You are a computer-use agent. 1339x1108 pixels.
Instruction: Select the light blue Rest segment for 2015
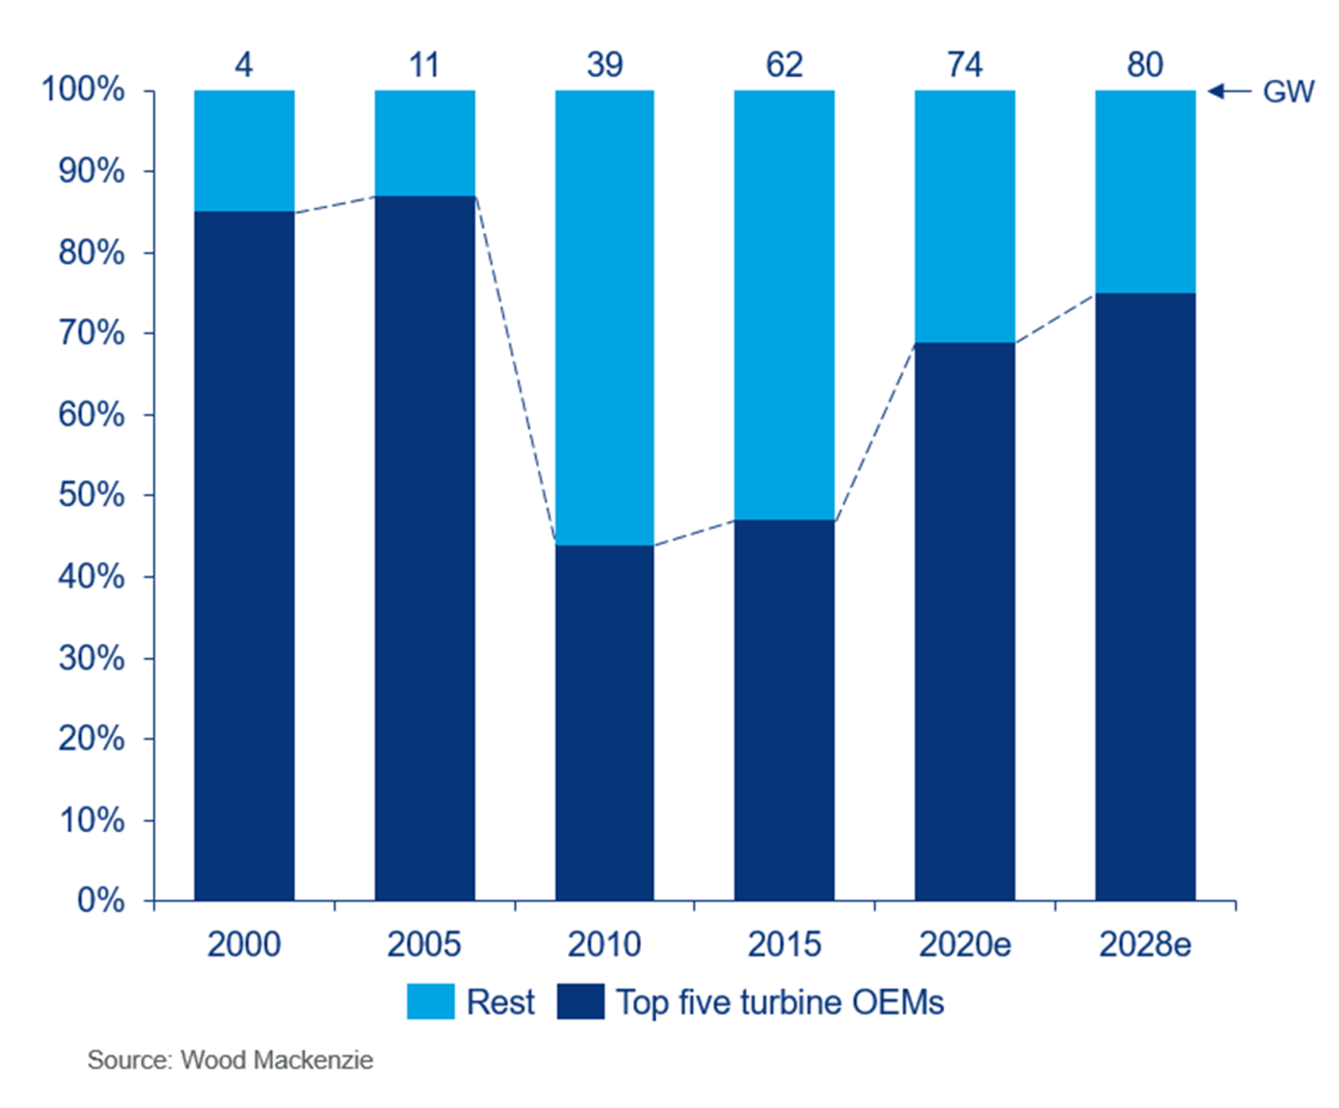(784, 305)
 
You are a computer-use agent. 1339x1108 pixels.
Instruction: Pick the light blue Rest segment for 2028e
(1145, 191)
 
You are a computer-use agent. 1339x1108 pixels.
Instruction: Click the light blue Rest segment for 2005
(424, 143)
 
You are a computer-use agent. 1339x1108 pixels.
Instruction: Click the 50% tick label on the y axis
(91, 495)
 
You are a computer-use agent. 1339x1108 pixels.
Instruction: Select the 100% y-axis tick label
(83, 90)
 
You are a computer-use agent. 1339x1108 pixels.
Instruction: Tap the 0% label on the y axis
(101, 900)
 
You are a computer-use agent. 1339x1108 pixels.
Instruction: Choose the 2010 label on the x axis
(604, 945)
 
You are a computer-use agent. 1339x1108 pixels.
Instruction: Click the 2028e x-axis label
(1145, 945)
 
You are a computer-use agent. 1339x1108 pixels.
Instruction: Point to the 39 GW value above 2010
(604, 65)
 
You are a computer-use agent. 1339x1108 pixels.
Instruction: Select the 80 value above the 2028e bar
(1145, 65)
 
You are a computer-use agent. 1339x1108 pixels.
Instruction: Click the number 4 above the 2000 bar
(244, 65)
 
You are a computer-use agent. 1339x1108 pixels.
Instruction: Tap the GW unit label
(1288, 92)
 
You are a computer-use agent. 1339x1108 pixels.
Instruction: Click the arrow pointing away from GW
(1229, 90)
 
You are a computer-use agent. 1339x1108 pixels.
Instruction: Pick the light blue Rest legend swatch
(431, 1002)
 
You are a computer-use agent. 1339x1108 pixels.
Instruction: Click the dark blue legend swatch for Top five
(580, 1002)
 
